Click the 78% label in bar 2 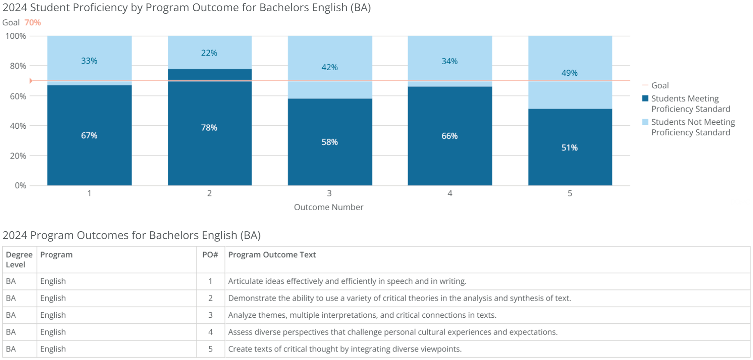coord(209,128)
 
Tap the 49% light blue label coord(569,73)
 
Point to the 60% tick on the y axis coord(18,96)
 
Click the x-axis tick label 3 coord(329,193)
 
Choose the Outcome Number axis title coord(328,207)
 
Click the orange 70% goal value coord(33,23)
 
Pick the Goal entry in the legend coord(660,86)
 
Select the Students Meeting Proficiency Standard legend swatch coord(645,99)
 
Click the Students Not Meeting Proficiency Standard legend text coord(693,127)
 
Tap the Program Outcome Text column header coord(272,255)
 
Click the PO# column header coord(210,255)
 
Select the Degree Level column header coord(19,260)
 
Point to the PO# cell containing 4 coord(210,332)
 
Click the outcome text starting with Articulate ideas coord(347,281)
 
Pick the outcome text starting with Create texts coord(344,349)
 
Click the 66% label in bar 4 coord(449,136)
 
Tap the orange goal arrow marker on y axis coord(31,81)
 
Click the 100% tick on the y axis coord(16,36)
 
